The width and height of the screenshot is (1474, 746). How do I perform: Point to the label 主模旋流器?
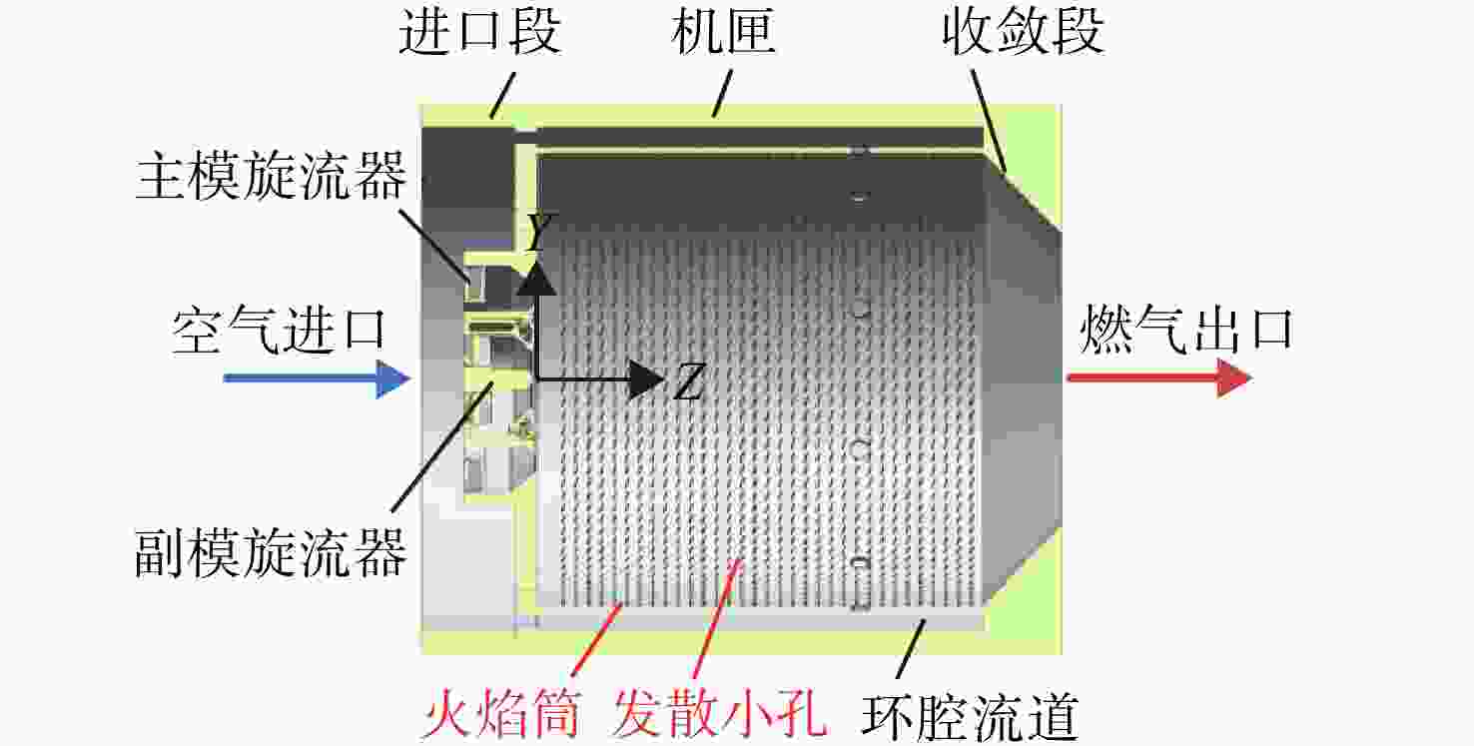tap(271, 176)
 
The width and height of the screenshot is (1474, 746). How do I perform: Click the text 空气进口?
tap(279, 331)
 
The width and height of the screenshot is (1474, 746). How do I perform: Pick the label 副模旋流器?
tap(271, 554)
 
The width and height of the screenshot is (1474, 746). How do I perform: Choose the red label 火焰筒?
tap(501, 713)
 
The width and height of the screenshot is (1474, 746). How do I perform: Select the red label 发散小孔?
tap(719, 713)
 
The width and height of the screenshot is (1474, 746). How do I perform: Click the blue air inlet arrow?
tap(318, 378)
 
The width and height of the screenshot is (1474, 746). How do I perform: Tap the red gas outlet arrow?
tap(1158, 377)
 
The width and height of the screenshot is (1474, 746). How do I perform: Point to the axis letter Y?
tap(542, 231)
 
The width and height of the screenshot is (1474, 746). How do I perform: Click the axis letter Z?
tap(689, 382)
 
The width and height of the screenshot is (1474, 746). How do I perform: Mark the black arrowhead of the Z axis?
tap(646, 379)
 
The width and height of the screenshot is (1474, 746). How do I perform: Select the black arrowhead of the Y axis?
tap(537, 278)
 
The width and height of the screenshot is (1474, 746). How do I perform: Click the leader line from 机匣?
tap(722, 94)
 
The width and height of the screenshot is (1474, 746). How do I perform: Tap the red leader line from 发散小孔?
tap(718, 618)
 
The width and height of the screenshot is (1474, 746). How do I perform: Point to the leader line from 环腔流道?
tap(912, 649)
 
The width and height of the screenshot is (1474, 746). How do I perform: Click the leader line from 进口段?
tap(502, 96)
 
